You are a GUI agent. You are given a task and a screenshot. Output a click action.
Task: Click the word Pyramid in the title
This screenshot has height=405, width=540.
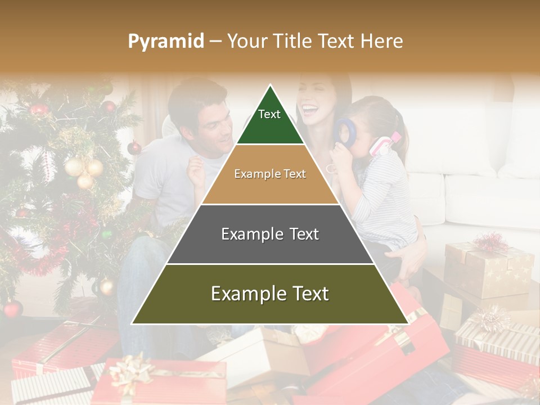tap(165, 41)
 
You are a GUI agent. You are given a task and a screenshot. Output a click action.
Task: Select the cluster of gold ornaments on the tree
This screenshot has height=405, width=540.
tap(84, 171)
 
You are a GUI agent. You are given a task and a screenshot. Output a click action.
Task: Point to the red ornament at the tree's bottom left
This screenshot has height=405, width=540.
tap(12, 309)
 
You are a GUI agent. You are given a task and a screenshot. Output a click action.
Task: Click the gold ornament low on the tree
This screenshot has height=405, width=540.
tap(106, 287)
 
